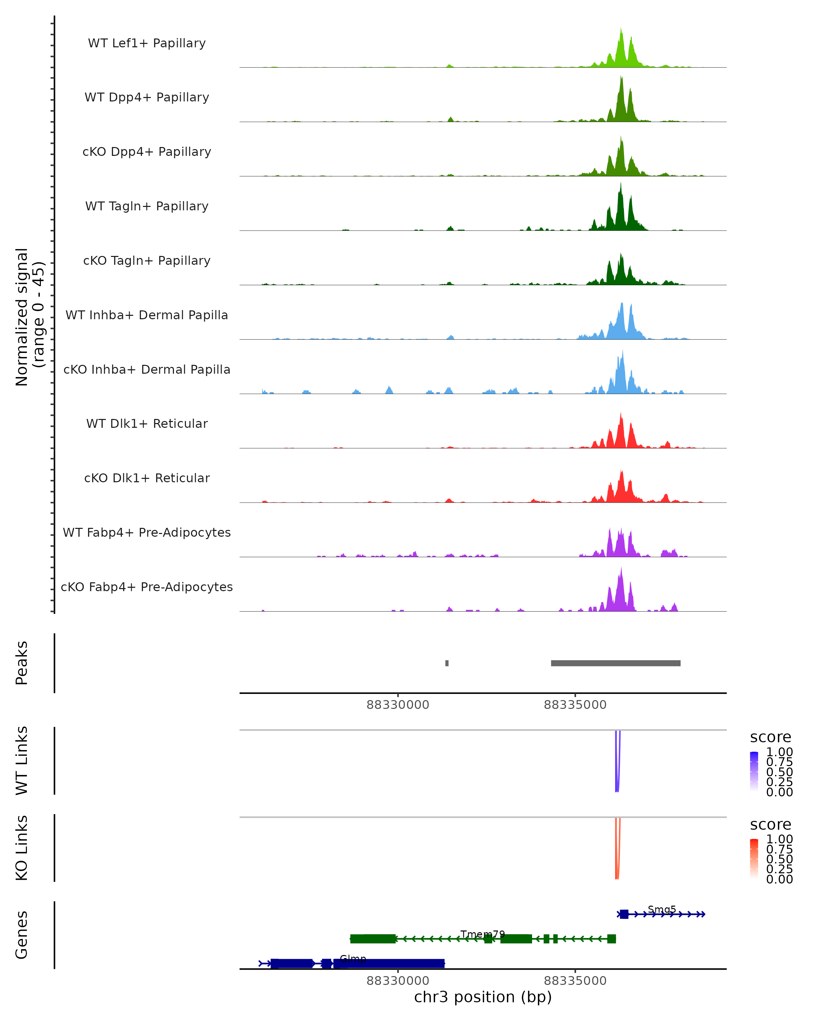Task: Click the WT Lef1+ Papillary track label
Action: click(147, 43)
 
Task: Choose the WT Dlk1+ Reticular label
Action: click(147, 423)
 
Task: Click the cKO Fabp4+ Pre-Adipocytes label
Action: click(147, 587)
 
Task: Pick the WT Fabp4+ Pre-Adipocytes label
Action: click(147, 532)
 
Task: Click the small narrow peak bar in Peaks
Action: click(447, 663)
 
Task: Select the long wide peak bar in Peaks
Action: click(615, 663)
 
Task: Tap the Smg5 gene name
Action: click(662, 909)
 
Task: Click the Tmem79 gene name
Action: click(483, 934)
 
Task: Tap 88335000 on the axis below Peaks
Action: click(575, 705)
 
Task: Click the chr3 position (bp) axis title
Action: click(483, 997)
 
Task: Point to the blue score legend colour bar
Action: click(754, 772)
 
